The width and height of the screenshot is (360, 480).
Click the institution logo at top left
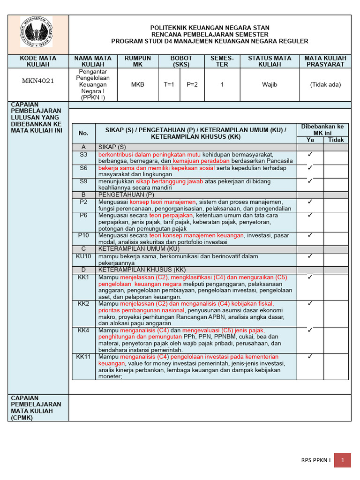36,32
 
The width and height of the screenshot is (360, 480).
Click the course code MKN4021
38,81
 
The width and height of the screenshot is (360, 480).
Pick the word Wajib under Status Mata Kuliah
270,85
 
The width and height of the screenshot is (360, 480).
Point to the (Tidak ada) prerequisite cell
325,85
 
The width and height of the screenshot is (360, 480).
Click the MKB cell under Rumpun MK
138,85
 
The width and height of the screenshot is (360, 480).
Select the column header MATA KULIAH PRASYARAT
325,61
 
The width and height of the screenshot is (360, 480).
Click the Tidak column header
336,140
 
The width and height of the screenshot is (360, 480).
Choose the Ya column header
310,140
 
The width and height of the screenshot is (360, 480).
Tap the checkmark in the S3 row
310,154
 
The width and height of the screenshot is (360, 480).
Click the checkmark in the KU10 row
310,256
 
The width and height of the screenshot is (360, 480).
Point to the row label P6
83,215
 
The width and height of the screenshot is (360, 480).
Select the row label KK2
83,304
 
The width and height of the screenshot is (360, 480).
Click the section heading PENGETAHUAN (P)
126,195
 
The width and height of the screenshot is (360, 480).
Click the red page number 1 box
343,461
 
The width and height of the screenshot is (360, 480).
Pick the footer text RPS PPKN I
315,461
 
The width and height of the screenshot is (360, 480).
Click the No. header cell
83,134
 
